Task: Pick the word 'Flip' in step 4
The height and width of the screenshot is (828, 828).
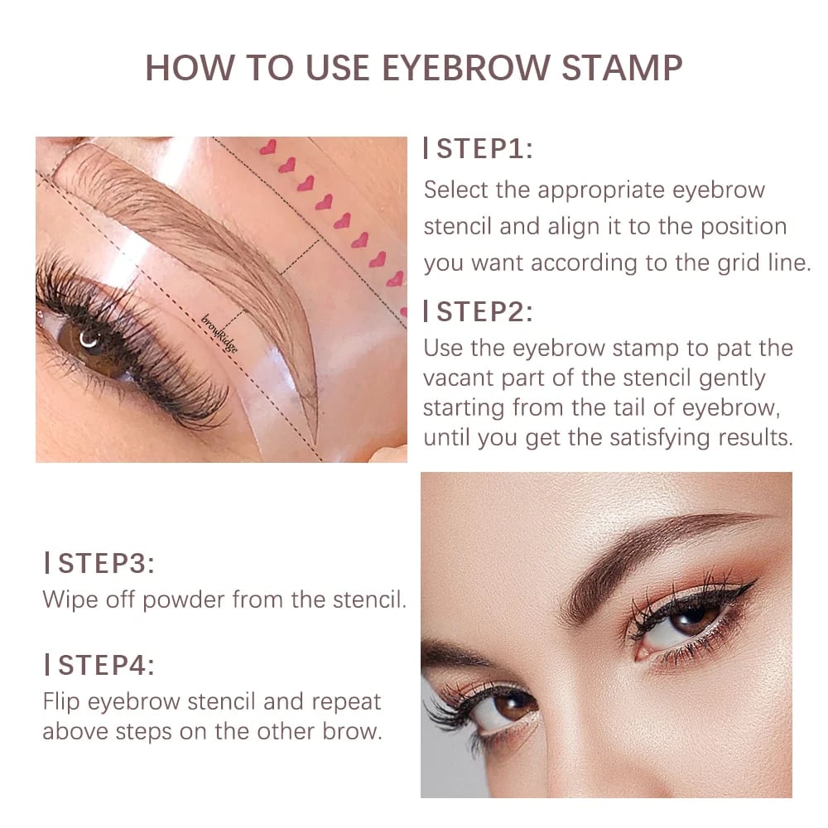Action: click(x=63, y=701)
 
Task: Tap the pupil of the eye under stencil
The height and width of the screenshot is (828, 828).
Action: click(x=89, y=339)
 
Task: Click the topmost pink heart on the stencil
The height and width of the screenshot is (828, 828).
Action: click(x=267, y=147)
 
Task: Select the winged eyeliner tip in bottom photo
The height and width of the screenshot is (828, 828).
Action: click(x=752, y=585)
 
